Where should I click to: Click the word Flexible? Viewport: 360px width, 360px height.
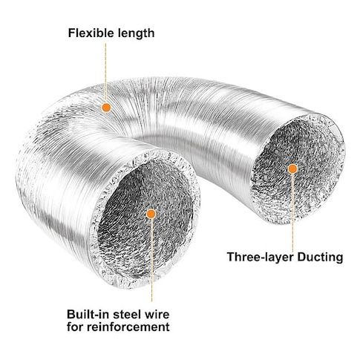91,33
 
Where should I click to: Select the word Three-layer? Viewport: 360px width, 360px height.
261,258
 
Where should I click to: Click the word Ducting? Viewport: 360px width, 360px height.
320,258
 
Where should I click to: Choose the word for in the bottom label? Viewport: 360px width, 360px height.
75,327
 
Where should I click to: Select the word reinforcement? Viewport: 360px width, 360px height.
128,327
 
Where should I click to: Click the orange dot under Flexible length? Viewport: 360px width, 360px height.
106,108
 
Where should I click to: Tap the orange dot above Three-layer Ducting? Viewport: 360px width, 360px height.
292,168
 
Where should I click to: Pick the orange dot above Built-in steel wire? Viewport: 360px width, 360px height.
151,214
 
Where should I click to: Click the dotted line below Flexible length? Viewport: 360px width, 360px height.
105,73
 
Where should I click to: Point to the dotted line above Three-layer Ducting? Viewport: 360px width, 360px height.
292,212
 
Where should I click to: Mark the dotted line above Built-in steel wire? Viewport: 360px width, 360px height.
151,260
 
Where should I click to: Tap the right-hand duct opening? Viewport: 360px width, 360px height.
298,168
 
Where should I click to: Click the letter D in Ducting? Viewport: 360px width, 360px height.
302,257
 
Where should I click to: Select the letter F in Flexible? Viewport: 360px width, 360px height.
72,33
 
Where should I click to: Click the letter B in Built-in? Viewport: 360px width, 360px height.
71,315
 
